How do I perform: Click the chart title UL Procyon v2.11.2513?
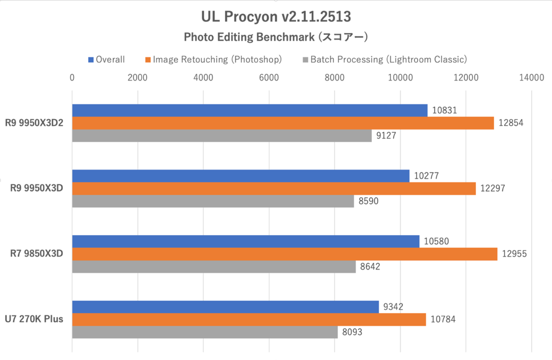coord(276,17)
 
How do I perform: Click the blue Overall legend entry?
coord(106,59)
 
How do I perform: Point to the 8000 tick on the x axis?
coord(334,78)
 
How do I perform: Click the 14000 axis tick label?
coord(531,78)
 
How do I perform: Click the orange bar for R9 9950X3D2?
coord(283,123)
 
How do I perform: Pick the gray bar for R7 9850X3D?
coord(214,267)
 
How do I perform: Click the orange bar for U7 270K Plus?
coord(249,319)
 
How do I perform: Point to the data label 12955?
coord(514,254)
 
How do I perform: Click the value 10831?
coord(444,110)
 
